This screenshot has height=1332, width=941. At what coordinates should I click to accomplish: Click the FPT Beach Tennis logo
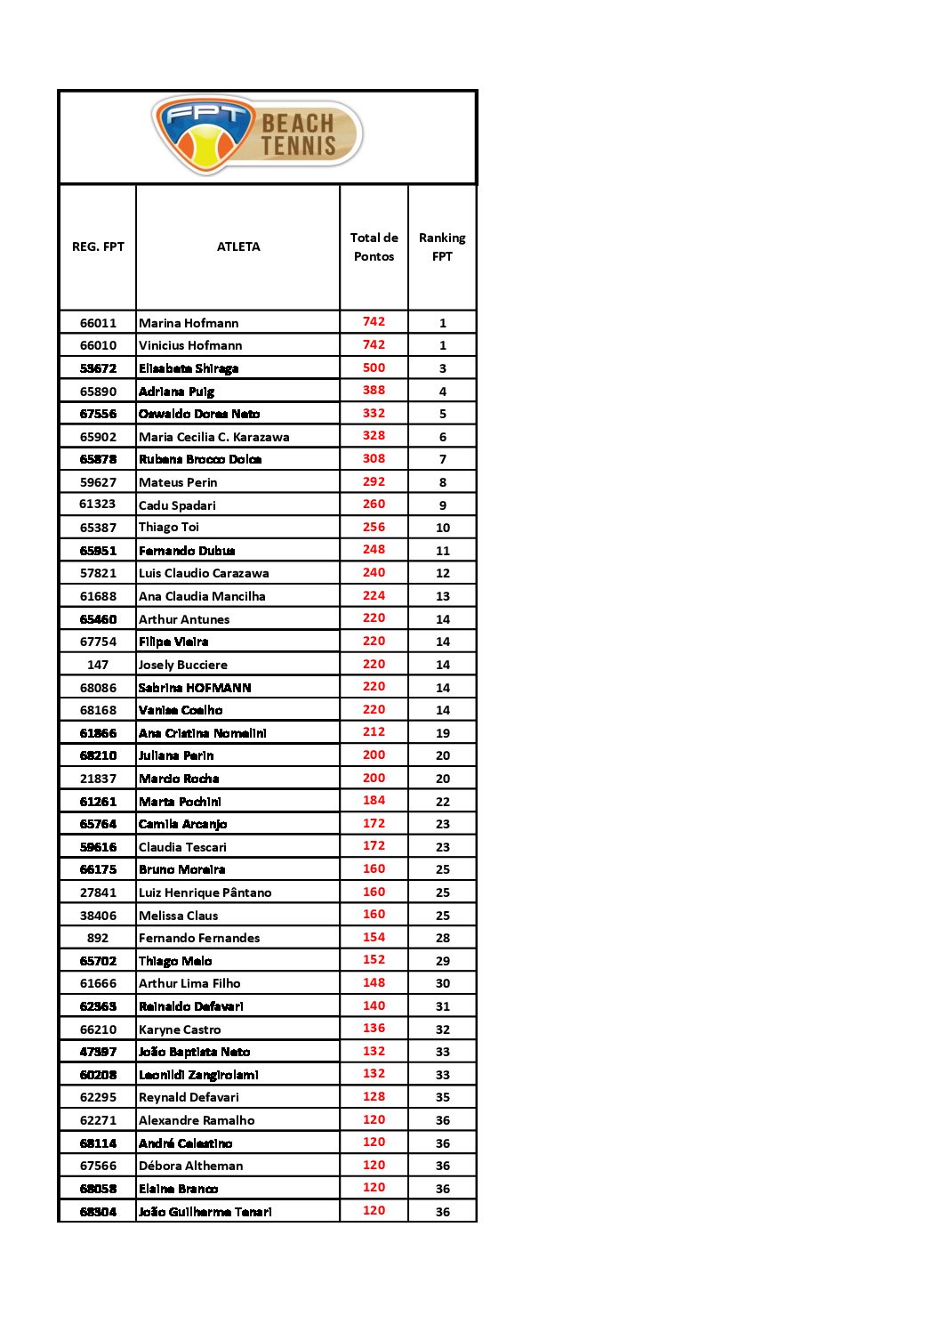pos(257,136)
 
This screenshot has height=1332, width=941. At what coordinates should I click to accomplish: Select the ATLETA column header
pos(238,247)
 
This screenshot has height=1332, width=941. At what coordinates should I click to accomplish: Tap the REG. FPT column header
pos(98,247)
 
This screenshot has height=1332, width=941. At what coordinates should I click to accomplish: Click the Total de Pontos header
pos(374,247)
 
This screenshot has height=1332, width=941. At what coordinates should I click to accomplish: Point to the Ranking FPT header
pos(442,247)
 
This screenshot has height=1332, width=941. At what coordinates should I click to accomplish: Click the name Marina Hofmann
pos(189,323)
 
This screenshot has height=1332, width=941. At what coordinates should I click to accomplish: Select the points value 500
pos(374,367)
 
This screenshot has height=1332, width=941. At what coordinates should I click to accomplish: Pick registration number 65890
pos(98,392)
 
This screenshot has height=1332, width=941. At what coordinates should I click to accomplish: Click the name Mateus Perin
pos(178,482)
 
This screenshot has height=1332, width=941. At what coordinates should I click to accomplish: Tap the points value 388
pos(374,391)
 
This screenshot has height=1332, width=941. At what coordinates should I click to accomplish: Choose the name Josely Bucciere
pos(182,665)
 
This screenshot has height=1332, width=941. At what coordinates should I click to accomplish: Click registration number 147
pos(98,665)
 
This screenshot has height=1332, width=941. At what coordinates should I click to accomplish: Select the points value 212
pos(374,732)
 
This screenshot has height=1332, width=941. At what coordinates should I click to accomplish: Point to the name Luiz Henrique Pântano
pos(205,892)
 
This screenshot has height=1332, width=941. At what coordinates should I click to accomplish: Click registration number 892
pos(98,938)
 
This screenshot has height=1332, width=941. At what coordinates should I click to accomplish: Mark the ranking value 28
pos(442,938)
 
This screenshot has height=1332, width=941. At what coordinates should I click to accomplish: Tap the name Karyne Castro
pos(180,1029)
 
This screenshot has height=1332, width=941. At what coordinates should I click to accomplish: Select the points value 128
pos(374,1097)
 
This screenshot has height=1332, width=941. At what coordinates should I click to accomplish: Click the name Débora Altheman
pos(190,1166)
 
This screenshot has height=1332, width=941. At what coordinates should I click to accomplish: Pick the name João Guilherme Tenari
pos(205,1212)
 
